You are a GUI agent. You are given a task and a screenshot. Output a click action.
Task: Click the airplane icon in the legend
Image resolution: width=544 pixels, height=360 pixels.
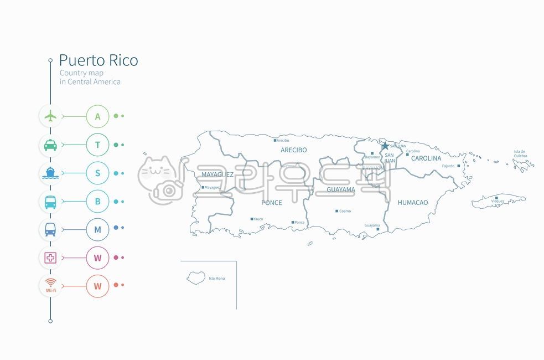50,116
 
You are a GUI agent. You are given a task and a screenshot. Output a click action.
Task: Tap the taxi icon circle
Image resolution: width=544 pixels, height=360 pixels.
50,145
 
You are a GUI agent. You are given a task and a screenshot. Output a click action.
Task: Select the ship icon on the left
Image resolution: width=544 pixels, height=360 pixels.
50,173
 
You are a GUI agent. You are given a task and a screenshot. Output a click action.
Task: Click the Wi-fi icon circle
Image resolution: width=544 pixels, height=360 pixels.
50,286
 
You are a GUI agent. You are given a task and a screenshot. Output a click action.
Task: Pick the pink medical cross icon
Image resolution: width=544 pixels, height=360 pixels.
50,258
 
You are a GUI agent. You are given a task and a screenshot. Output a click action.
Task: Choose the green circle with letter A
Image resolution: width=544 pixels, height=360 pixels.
98,116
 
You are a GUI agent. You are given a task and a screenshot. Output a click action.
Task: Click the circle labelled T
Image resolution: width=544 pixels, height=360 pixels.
98,145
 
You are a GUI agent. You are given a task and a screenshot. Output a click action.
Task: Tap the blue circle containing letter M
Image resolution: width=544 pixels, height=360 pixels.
98,229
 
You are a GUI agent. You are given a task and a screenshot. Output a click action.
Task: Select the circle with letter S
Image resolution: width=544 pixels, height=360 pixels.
98,173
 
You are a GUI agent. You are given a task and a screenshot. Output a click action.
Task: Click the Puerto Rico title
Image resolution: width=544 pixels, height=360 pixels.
99,60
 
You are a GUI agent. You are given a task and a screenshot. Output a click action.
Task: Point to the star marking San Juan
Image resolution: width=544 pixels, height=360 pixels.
385,146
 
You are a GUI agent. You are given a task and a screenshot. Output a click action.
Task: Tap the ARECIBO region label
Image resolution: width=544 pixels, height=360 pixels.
293,150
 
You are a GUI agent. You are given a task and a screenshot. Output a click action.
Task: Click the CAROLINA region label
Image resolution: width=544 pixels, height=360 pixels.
426,158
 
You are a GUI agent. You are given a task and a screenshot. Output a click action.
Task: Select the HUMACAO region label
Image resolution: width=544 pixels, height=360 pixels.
412,203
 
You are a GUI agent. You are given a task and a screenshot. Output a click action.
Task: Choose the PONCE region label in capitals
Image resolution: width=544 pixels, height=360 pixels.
271,203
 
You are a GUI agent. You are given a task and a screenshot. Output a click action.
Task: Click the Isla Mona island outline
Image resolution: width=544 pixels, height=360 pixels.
195,277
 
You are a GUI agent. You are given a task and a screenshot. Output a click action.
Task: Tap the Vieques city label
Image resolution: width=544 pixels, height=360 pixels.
498,201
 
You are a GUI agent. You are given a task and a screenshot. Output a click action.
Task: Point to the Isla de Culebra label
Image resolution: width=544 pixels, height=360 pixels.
520,153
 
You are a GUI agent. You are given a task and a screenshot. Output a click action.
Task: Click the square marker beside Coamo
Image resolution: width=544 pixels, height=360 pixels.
336,211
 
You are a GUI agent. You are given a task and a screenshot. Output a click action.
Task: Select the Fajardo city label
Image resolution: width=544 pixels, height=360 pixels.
448,166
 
